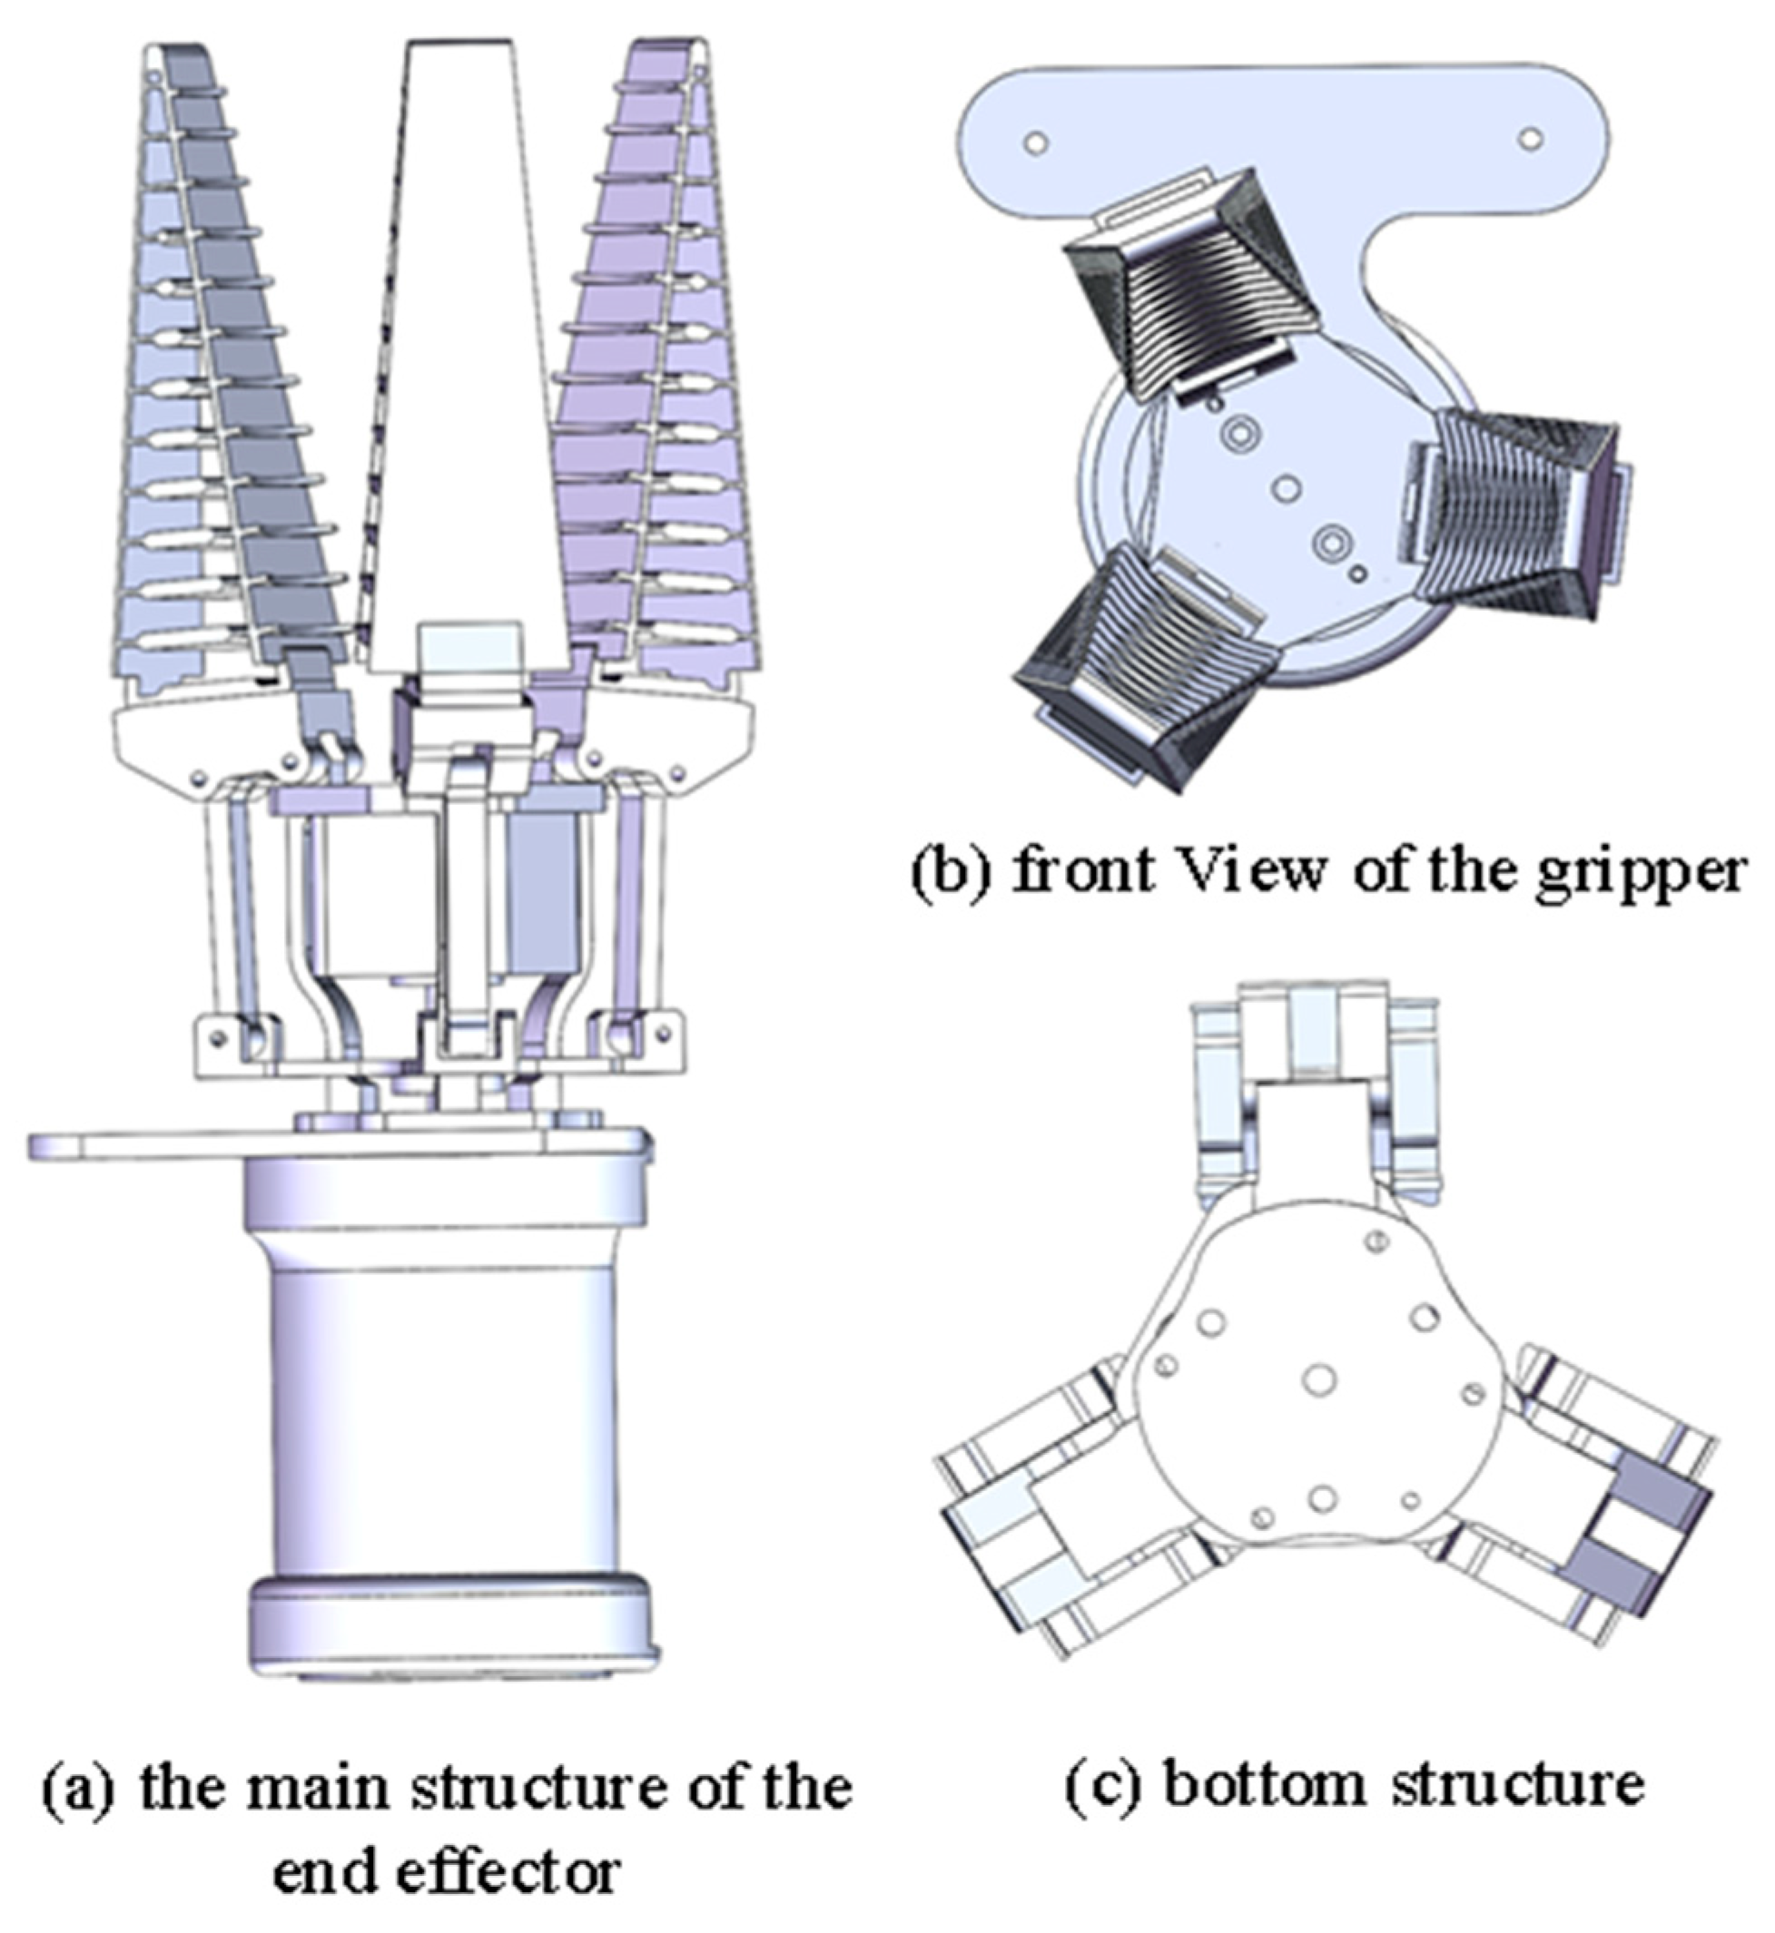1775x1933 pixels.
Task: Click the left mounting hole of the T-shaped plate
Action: pos(1035,142)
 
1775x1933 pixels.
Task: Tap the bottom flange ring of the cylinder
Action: pos(451,1623)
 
